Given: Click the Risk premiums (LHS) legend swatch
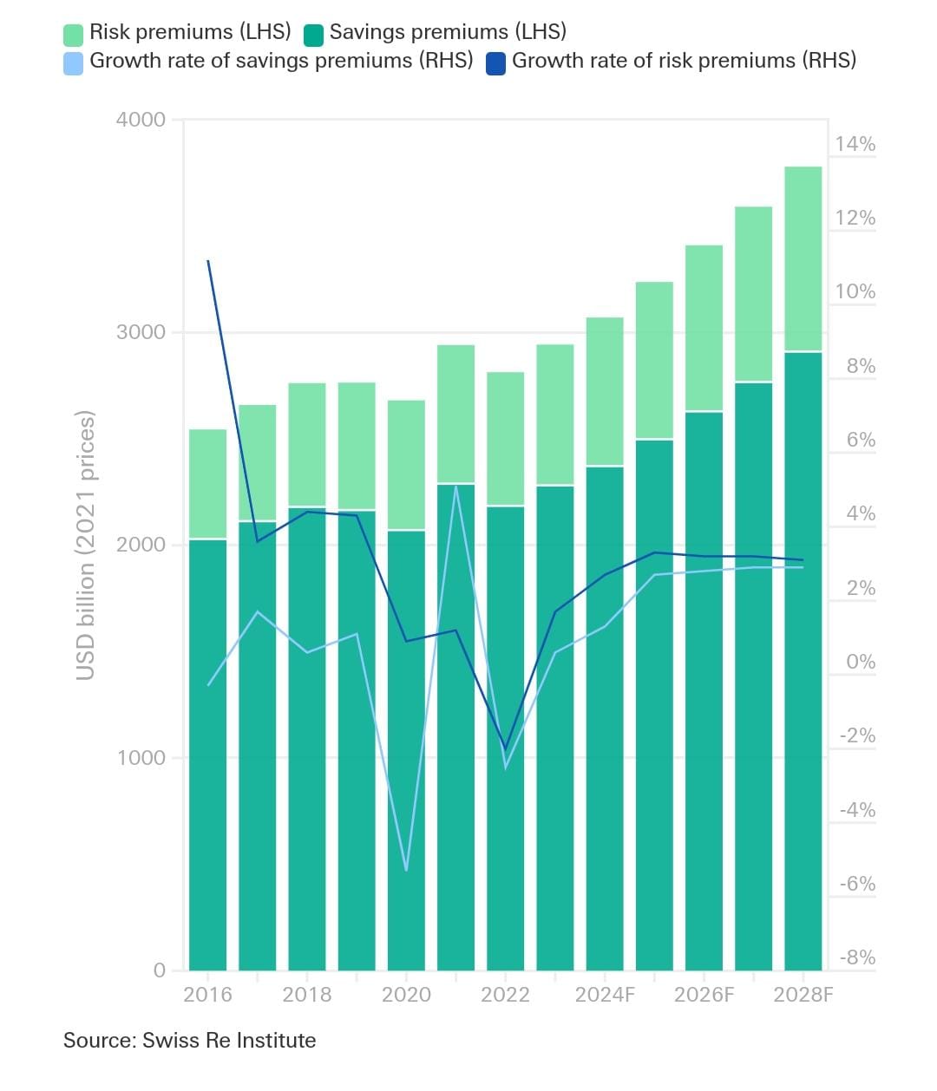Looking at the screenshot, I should point(73,35).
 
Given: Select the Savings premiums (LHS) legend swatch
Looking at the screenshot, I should point(313,35).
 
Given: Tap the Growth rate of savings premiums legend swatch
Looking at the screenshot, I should point(73,63).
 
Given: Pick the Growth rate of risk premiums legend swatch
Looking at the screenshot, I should point(495,63).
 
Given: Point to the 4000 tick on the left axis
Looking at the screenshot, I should point(141,120).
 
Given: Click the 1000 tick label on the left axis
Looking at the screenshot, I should point(141,758).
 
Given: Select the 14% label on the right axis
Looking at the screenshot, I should point(855,145).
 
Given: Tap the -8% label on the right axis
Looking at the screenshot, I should point(857,958).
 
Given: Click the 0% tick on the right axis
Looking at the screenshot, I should point(861,663).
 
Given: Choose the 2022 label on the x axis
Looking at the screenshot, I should point(505,995).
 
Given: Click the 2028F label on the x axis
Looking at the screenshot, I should point(803,995).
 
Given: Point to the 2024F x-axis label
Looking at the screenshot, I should point(605,995).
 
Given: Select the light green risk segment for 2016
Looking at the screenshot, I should point(208,484).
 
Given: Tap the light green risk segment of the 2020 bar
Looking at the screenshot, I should point(406,465).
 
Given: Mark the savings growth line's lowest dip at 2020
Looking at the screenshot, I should point(406,869).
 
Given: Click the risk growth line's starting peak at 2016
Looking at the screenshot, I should point(208,261).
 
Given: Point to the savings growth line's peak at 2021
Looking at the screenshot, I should point(456,487).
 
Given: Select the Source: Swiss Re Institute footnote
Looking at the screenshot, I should point(189,1041).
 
